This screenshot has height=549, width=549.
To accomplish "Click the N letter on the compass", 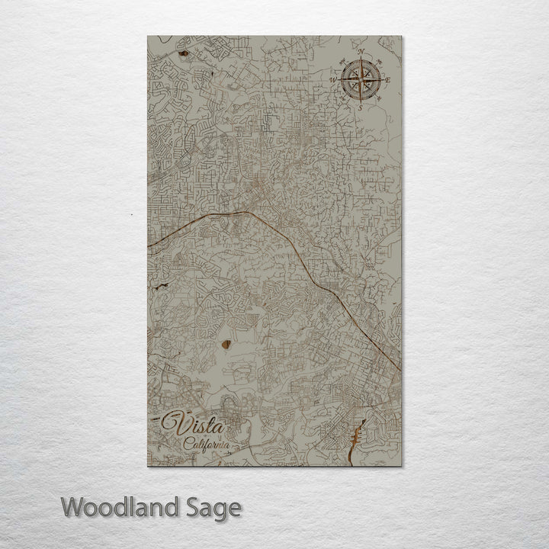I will click(x=361, y=51).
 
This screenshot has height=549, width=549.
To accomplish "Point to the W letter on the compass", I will click(x=332, y=79).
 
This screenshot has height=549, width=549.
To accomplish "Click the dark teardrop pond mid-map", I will click(x=226, y=344).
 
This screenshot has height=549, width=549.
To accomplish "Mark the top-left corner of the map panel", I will click(x=148, y=36).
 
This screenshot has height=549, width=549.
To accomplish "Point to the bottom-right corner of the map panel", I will click(x=401, y=465).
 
